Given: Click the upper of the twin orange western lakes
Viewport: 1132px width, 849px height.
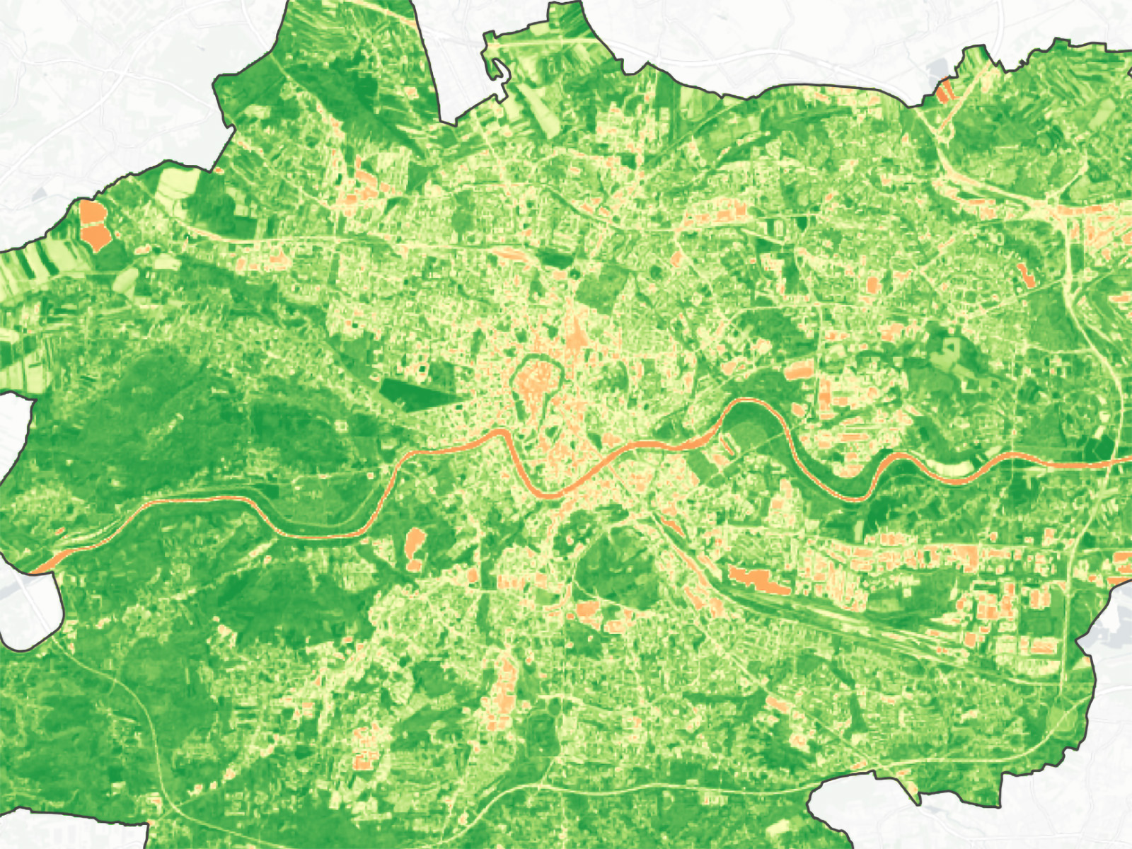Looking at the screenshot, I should pos(91,212).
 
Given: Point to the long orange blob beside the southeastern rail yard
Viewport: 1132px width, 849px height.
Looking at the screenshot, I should pos(759,579).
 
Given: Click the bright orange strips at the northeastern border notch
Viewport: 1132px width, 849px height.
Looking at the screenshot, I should pos(945,91).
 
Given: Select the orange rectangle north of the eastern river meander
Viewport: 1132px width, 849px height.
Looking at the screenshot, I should pos(799,369).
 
